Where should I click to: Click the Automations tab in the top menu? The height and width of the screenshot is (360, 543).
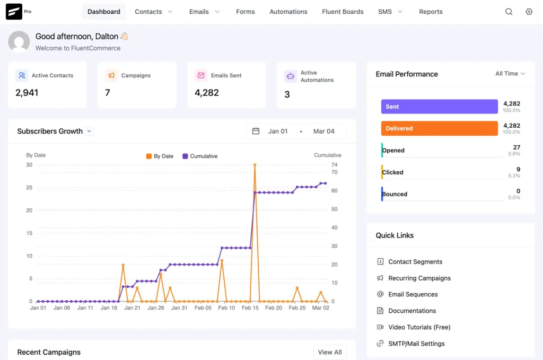[x=288, y=12]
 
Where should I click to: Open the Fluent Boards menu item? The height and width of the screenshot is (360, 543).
[x=343, y=12]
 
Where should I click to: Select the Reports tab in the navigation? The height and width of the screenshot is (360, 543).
[x=431, y=12]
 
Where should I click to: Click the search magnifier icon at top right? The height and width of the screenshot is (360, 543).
[x=509, y=12]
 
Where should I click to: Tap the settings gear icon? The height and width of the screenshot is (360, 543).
[x=529, y=12]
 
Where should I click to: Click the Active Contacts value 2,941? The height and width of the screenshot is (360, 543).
[x=27, y=93]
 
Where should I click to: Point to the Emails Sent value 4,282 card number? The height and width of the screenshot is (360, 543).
[x=206, y=93]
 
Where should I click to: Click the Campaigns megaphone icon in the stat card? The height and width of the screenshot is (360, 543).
[x=111, y=75]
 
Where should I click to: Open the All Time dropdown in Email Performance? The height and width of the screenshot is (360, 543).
[x=510, y=74]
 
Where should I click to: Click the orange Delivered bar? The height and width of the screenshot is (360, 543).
[x=439, y=128]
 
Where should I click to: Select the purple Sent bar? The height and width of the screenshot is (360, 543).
[x=439, y=107]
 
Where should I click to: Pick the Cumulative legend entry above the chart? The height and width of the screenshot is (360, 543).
[x=200, y=156]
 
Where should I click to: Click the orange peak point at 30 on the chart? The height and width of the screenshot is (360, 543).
[x=255, y=165]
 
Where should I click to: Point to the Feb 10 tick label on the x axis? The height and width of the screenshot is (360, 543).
[x=226, y=308]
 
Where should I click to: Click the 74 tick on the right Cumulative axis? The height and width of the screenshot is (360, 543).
[x=334, y=165]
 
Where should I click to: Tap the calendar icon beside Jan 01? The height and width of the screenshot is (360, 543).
[x=256, y=131]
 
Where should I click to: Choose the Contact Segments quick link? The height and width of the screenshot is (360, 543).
[x=415, y=262]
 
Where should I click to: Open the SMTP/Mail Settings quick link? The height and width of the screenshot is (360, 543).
[x=416, y=344]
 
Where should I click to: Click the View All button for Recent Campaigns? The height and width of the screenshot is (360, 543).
[x=329, y=352]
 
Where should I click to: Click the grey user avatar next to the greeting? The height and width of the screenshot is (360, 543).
[x=19, y=41]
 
